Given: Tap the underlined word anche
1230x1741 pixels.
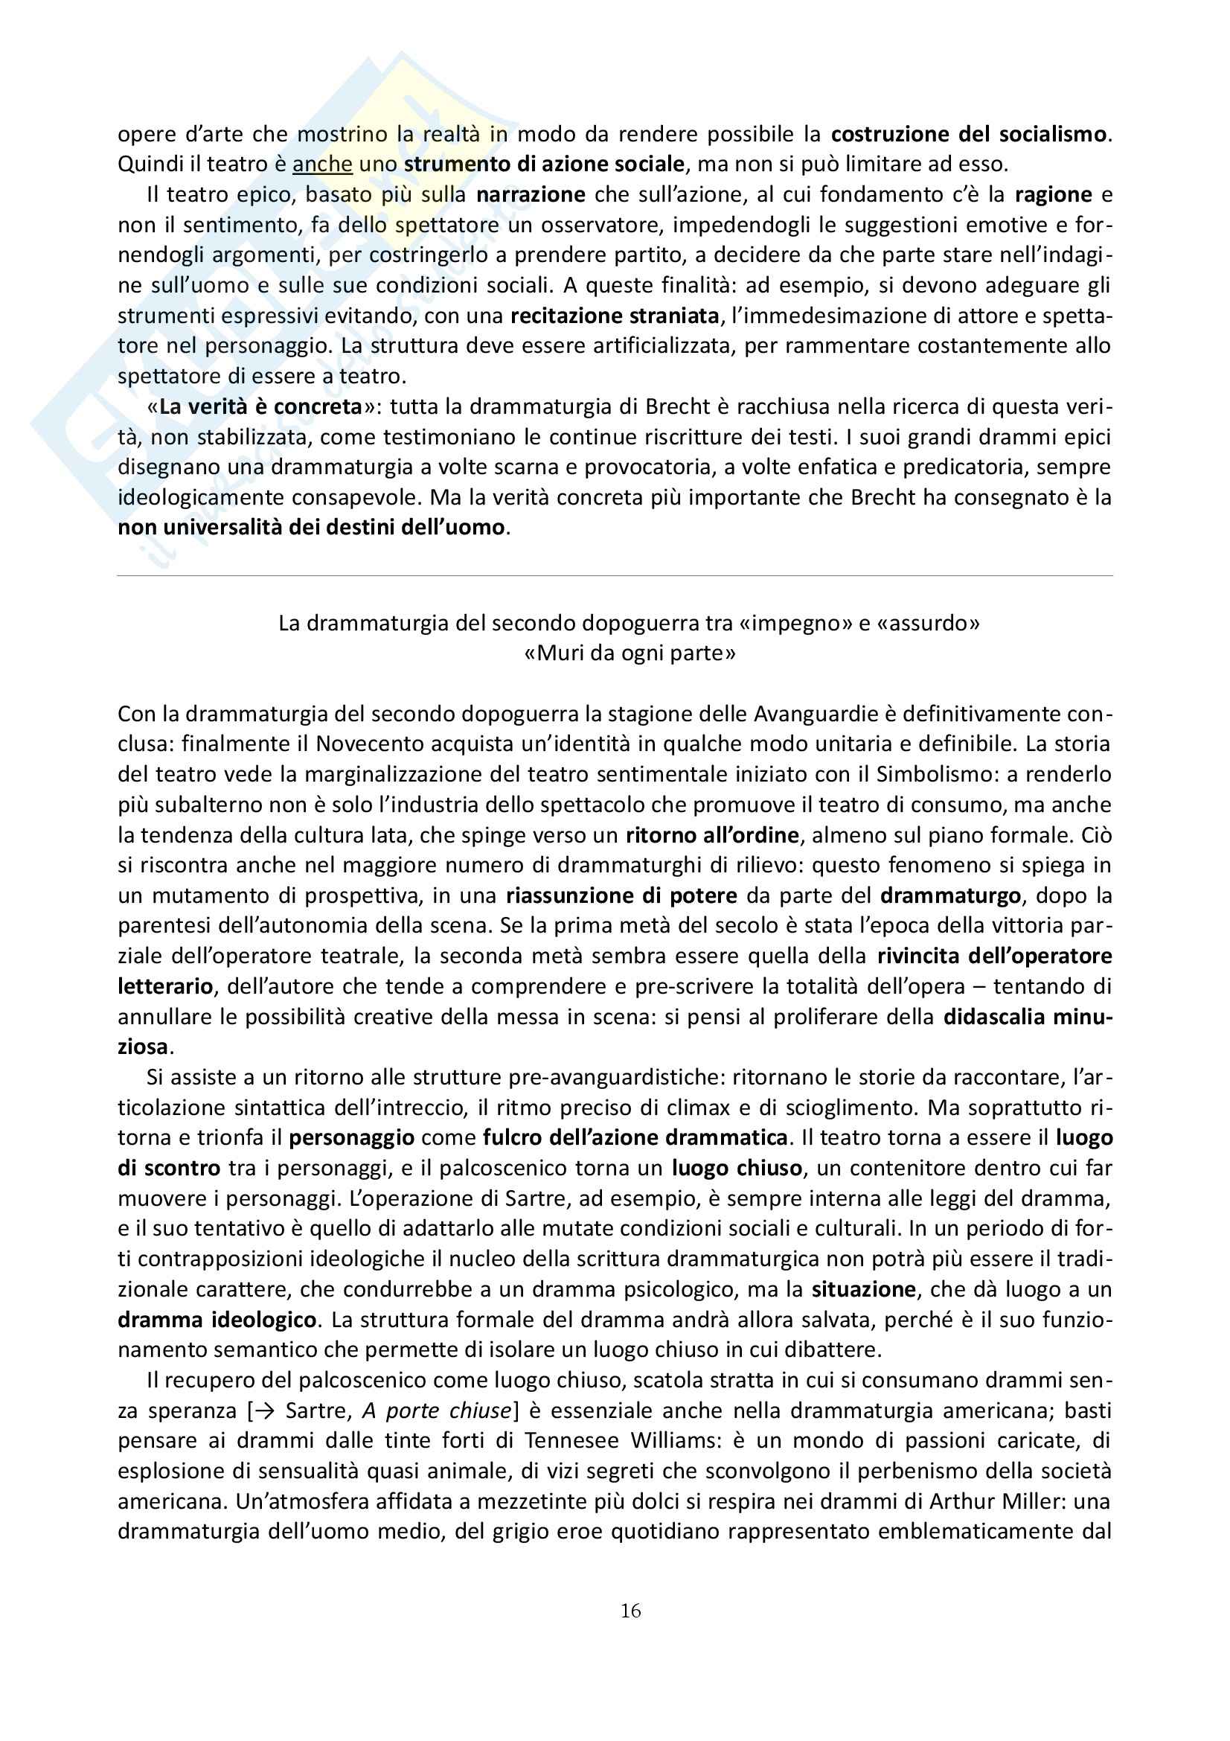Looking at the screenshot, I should [x=322, y=164].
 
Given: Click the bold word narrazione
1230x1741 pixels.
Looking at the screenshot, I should [x=531, y=195].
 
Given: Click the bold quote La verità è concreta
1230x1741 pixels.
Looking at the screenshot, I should [x=260, y=406].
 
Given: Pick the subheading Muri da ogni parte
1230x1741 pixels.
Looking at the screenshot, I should [x=630, y=654].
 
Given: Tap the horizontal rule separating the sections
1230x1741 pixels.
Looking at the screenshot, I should [x=615, y=576].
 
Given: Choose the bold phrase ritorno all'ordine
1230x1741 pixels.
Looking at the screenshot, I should [x=712, y=835].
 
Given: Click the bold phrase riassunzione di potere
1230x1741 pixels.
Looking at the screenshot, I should [x=621, y=895].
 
